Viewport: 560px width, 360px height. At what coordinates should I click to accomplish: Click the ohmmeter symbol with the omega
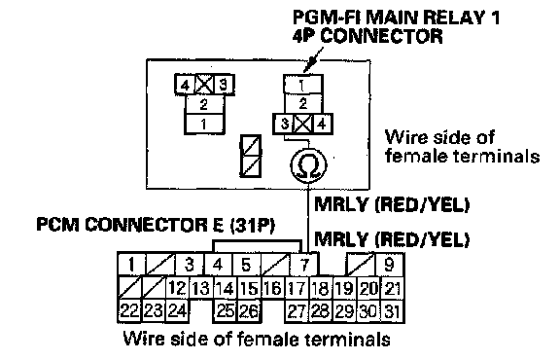pos(308,164)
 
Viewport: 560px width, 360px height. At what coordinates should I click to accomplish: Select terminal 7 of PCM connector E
pos(304,265)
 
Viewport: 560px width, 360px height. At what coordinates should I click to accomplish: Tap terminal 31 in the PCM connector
pos(392,311)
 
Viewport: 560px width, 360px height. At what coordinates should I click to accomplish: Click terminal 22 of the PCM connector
pos(129,311)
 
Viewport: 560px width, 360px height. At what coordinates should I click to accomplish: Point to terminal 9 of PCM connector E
pos(389,265)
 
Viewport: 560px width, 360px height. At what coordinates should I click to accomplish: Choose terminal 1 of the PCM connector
pos(132,265)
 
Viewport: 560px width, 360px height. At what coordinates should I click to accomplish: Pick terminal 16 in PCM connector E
pos(273,288)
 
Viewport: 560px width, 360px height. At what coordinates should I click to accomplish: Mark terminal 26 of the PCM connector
pos(249,311)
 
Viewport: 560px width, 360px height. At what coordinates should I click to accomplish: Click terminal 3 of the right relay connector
pos(284,124)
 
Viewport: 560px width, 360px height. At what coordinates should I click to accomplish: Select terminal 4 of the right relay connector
pos(322,124)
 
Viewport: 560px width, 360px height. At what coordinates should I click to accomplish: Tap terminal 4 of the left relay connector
pos(185,85)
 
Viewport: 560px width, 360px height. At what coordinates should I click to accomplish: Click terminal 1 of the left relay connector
pos(204,124)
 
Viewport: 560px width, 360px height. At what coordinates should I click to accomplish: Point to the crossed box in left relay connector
pos(204,85)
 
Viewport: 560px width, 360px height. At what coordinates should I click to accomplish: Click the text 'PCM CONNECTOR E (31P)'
pos(156,225)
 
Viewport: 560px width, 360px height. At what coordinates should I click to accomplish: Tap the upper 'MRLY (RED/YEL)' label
pos(392,204)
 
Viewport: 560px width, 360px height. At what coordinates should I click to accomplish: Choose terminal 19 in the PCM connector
pos(345,288)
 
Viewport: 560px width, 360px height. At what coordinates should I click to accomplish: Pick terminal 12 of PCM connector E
pos(178,288)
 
